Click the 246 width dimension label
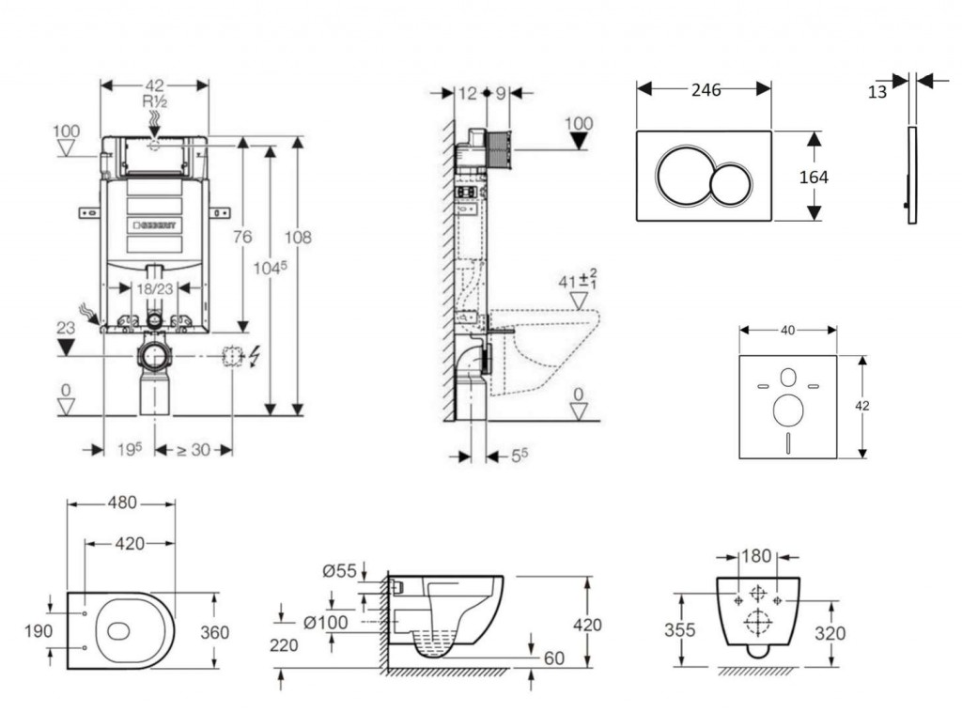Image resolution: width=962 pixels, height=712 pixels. (706, 90)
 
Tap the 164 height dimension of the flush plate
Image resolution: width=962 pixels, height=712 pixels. (814, 177)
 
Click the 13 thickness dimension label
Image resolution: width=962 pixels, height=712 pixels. (877, 91)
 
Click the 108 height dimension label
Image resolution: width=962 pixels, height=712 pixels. (299, 238)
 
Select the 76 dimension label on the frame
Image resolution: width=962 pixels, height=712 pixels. (242, 237)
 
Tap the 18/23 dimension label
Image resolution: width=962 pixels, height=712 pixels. (152, 289)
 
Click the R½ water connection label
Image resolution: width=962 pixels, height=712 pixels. (154, 101)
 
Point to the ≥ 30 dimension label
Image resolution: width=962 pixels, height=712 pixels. (194, 450)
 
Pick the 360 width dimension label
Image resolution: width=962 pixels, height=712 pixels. (214, 632)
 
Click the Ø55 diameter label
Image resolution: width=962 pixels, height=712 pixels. (339, 569)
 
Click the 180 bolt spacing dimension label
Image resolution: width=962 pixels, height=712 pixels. (756, 556)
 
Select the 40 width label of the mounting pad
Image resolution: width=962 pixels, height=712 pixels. (787, 330)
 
